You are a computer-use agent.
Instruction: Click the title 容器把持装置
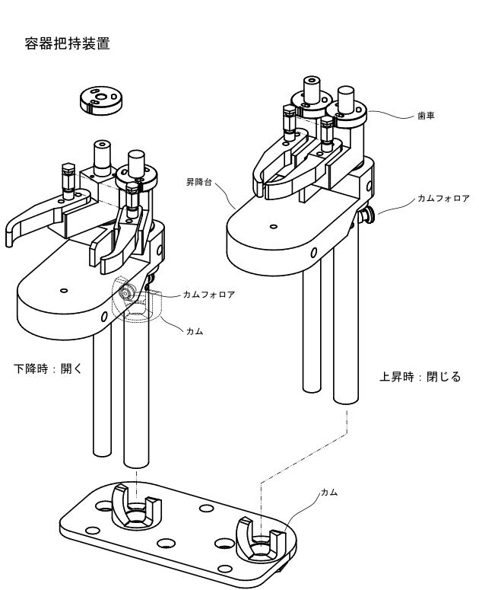coord(67,43)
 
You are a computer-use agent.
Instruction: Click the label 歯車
coord(426,116)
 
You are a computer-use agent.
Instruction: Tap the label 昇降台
coord(199,182)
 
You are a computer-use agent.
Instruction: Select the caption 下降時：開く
coord(48,368)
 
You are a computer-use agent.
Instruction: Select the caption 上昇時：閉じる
coord(420,377)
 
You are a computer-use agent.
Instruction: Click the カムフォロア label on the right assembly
coord(443,198)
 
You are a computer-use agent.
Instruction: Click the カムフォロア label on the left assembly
coord(209,295)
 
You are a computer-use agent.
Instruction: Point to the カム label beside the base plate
coord(329,492)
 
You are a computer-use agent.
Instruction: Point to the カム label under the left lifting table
coord(195,331)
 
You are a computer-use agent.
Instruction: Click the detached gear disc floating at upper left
coord(101,100)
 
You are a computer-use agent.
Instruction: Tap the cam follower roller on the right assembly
coord(366,215)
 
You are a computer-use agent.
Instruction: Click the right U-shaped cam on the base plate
coord(260,538)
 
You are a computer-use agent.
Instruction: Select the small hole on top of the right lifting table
coord(274,227)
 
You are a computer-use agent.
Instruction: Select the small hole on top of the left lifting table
coord(64,291)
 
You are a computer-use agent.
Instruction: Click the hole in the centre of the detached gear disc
coord(100,97)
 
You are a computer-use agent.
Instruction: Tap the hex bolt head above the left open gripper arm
coord(68,169)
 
